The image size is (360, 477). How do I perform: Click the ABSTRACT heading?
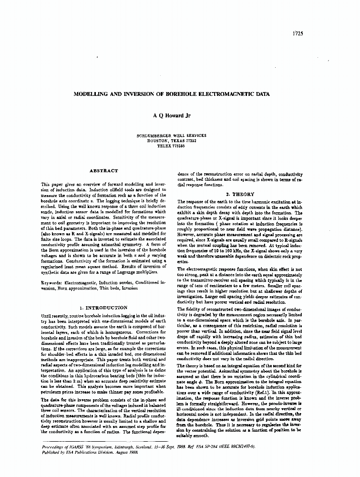pyautogui.click(x=103, y=171)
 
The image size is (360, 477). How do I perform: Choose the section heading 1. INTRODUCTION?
pyautogui.click(x=103, y=308)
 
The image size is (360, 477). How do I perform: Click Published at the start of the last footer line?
pyautogui.click(x=46, y=451)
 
